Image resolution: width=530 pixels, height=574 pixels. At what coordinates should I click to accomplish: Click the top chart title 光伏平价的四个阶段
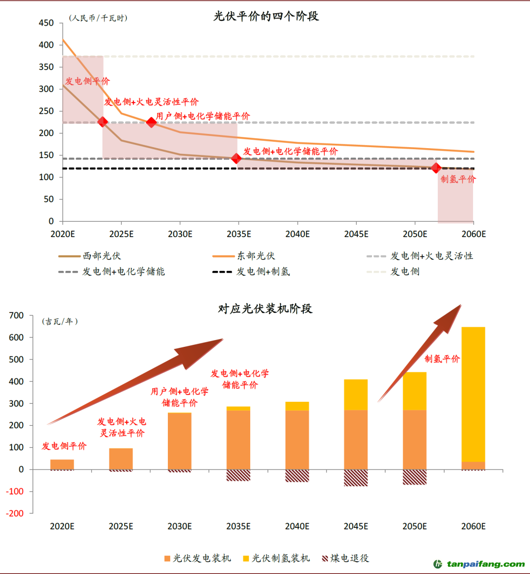pyautogui.click(x=266, y=16)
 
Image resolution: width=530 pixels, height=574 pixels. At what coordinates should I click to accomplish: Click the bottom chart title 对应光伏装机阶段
pyautogui.click(x=265, y=309)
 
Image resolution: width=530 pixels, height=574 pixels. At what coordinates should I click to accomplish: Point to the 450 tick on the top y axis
pyautogui.click(x=46, y=23)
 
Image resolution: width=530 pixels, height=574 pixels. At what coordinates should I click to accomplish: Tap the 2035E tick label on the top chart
pyautogui.click(x=239, y=234)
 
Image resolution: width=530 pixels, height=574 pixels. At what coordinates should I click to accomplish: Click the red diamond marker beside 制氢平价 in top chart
pyautogui.click(x=436, y=168)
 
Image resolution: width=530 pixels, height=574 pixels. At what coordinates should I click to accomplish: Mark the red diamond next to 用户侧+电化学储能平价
pyautogui.click(x=151, y=122)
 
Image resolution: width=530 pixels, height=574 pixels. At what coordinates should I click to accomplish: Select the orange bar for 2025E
pyautogui.click(x=121, y=459)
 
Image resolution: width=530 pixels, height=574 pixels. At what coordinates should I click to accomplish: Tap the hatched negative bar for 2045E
pyautogui.click(x=356, y=478)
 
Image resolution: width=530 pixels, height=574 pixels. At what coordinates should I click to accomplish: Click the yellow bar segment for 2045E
pyautogui.click(x=356, y=394)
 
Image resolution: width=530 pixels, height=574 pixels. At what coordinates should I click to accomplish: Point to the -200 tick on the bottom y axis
pyautogui.click(x=16, y=513)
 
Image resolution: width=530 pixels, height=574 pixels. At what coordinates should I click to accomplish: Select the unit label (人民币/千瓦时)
pyautogui.click(x=98, y=18)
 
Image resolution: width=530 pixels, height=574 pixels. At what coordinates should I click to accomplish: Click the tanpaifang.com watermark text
pyautogui.click(x=486, y=564)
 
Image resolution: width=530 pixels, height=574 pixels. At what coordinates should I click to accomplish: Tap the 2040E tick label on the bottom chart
pyautogui.click(x=297, y=526)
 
